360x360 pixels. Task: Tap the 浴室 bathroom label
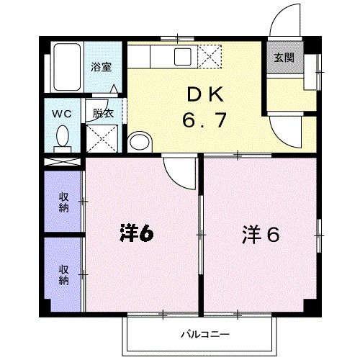pyautogui.click(x=102, y=68)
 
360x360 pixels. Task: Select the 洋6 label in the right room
pyautogui.click(x=260, y=234)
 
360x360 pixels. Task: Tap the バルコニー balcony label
pyautogui.click(x=205, y=334)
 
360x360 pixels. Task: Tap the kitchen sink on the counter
pyautogui.click(x=182, y=55)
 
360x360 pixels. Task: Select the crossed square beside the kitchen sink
pyautogui.click(x=211, y=55)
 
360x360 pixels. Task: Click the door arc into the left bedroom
pyautogui.click(x=176, y=171)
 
